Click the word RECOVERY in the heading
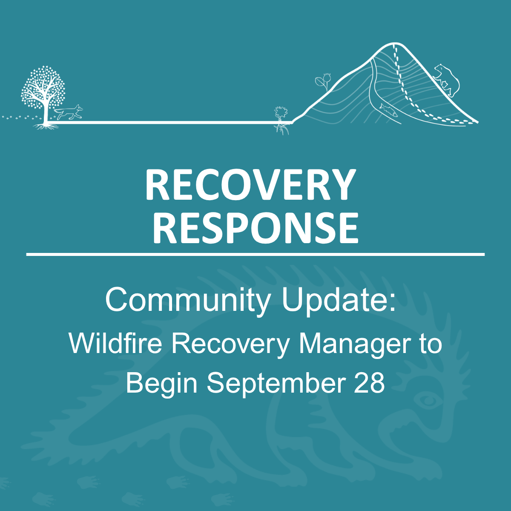coord(250,184)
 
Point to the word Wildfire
coord(115,343)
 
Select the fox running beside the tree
coord(69,112)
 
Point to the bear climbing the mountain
coord(447,80)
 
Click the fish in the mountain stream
coord(388,110)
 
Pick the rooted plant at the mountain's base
coord(281,120)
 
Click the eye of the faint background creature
coord(428,400)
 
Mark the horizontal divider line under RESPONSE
coord(255,255)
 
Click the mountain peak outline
coord(395,43)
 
